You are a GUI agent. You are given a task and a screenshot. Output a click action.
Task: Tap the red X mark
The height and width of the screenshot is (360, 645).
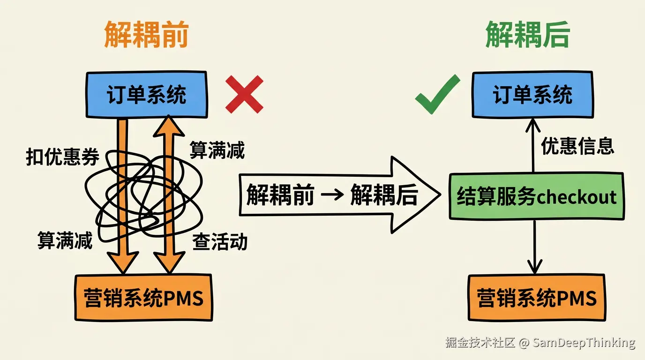[x=244, y=94]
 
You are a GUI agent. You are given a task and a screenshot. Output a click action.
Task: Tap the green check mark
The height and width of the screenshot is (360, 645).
[x=438, y=94]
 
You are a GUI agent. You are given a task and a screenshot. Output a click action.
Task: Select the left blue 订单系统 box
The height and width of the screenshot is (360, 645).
[x=147, y=95]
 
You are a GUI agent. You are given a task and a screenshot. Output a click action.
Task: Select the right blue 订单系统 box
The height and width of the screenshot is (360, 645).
[x=532, y=95]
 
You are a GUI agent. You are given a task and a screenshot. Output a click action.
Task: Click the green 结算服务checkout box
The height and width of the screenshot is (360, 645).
[x=537, y=196]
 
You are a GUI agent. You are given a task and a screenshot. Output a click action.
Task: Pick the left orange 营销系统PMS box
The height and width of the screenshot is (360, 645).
[x=144, y=298]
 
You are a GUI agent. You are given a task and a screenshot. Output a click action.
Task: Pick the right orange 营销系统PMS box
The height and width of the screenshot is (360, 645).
[x=537, y=298]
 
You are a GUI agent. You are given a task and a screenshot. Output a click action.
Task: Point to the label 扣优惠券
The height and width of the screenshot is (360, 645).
[x=62, y=157]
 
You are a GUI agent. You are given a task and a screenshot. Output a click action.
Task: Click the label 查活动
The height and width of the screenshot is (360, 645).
[x=220, y=241]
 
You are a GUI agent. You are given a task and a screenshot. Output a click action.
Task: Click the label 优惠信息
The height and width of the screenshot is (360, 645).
[x=577, y=146]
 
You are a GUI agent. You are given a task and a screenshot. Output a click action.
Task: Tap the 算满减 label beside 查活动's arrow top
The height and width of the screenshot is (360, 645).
[x=217, y=150]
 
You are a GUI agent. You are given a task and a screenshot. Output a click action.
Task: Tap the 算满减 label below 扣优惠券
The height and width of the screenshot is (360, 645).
[x=65, y=240]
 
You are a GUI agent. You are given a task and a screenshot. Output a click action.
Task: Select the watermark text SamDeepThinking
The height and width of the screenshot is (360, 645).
[x=584, y=343]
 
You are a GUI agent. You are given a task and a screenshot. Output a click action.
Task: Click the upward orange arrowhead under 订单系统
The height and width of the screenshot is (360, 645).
[x=169, y=126]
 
